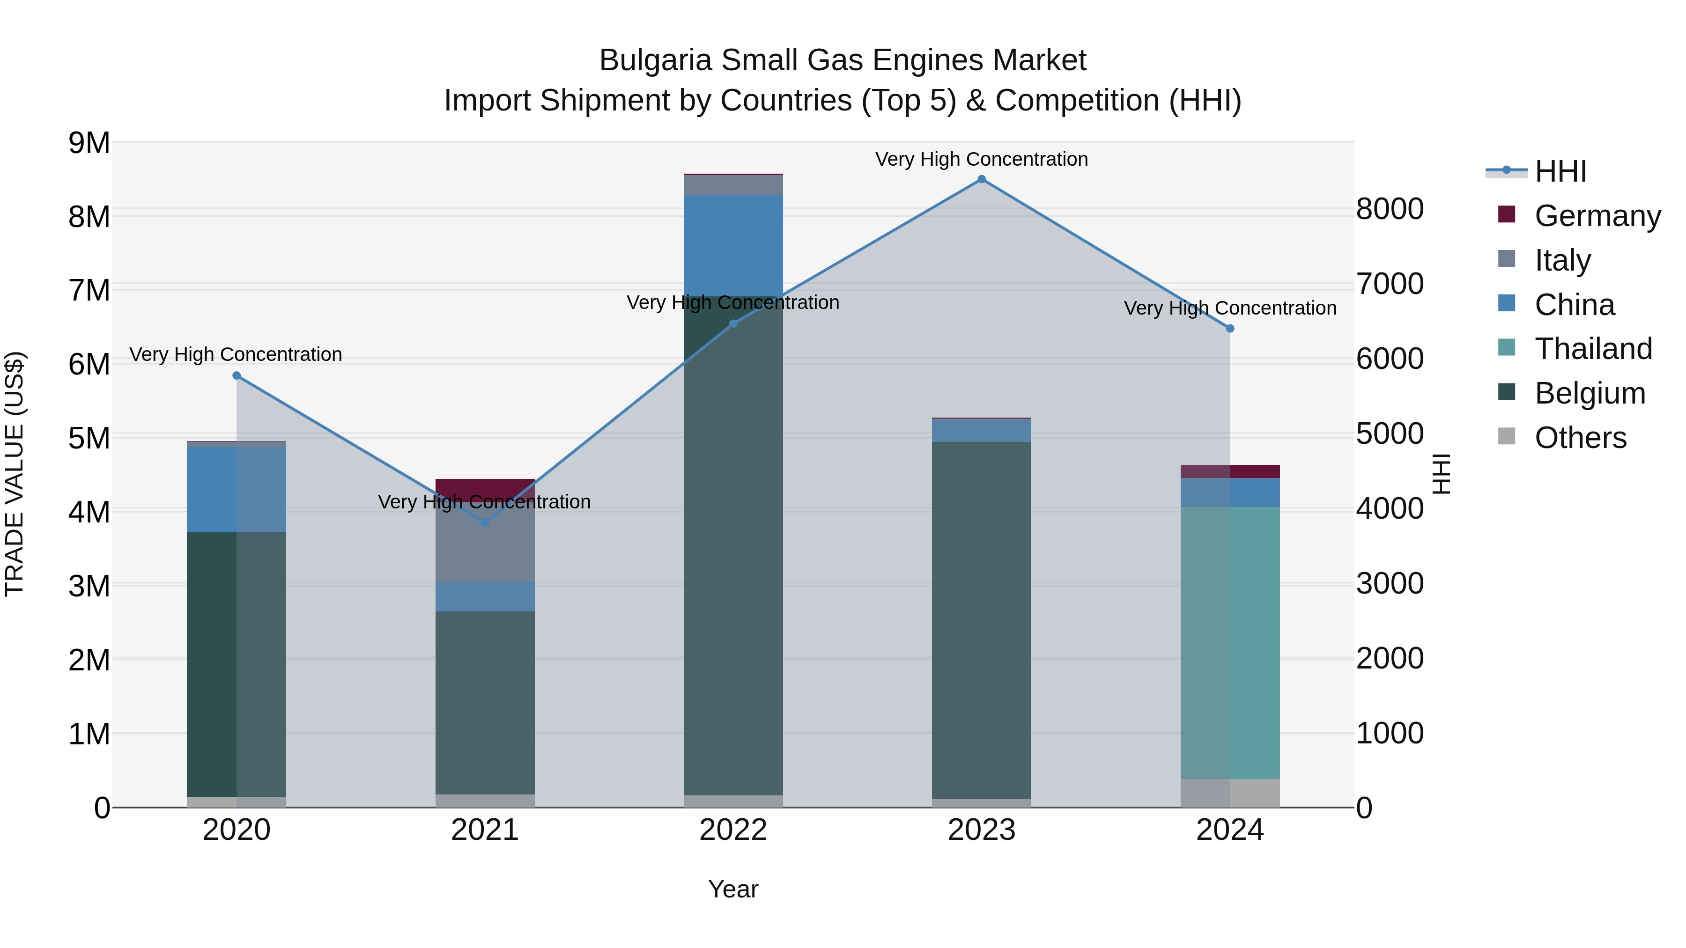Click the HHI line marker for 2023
[x=981, y=179]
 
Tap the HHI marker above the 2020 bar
[x=237, y=375]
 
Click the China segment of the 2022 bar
[x=733, y=245]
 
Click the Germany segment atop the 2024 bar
[x=1230, y=471]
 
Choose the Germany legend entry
[x=1597, y=216]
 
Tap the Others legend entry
[x=1580, y=438]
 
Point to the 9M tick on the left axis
[x=89, y=143]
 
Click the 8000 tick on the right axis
[x=1390, y=209]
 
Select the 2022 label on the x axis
[x=733, y=830]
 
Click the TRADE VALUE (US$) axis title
[x=15, y=474]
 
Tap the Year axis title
[x=733, y=889]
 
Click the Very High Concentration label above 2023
[x=981, y=159]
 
